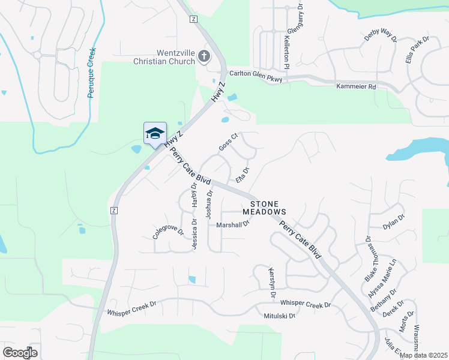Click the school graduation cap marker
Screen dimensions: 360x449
(x=155, y=133)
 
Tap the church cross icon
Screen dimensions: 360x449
(x=204, y=56)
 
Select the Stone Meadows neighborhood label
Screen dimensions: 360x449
(x=264, y=208)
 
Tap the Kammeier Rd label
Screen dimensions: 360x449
(x=355, y=87)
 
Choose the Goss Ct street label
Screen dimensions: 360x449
(x=229, y=142)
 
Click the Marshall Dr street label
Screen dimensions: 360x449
(x=232, y=225)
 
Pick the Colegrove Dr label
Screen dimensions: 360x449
(x=167, y=232)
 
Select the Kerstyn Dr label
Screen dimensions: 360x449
(x=272, y=283)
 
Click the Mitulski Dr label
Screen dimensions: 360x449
(x=279, y=316)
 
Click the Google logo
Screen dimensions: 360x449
(x=20, y=352)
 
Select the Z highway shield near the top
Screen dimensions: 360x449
(x=193, y=19)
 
